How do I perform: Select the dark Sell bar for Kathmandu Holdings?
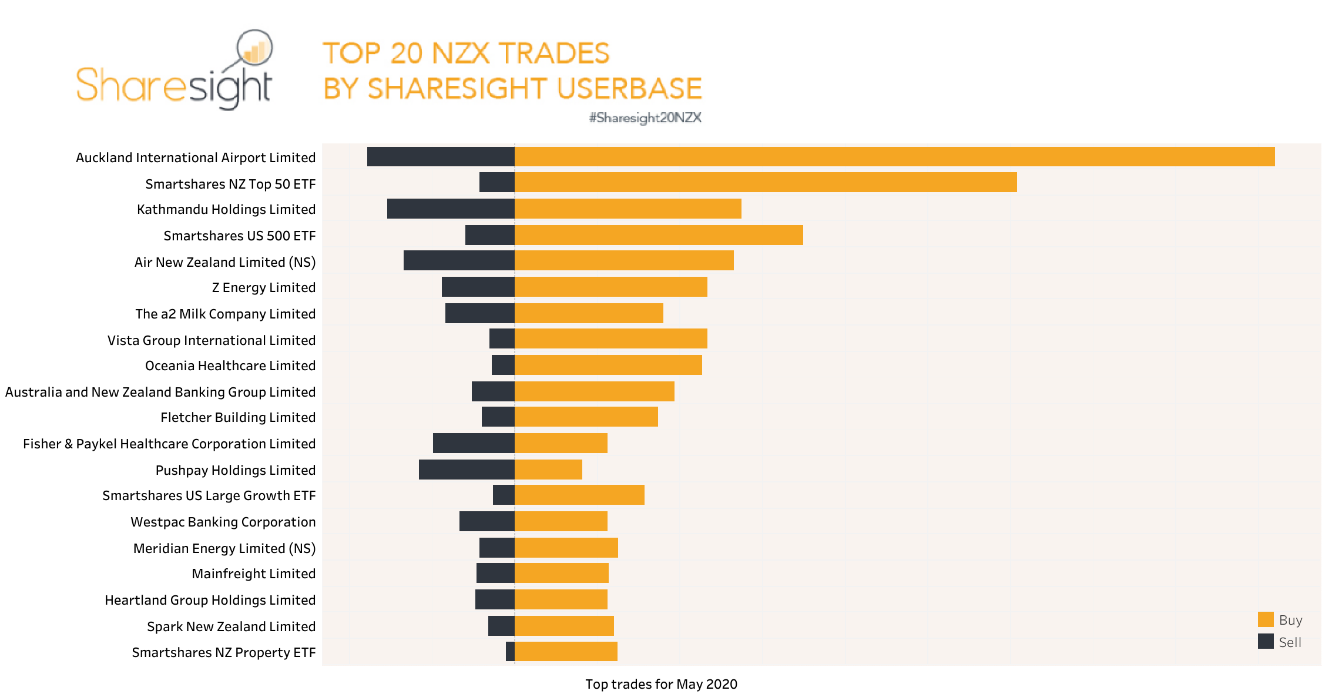click(x=451, y=209)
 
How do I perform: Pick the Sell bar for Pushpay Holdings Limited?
click(x=467, y=470)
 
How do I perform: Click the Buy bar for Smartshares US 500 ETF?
click(x=659, y=235)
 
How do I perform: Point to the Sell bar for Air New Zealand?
click(x=459, y=260)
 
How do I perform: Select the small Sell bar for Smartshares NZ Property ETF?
click(x=510, y=651)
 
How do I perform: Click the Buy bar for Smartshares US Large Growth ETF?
click(x=579, y=495)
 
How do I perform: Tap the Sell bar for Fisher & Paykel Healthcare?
click(x=474, y=443)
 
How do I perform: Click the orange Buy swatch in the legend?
click(x=1266, y=619)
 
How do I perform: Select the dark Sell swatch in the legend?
click(x=1266, y=641)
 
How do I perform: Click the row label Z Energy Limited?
click(x=263, y=287)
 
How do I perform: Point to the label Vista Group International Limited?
click(x=212, y=340)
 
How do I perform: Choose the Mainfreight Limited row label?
click(x=253, y=574)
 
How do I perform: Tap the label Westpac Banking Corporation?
click(x=223, y=522)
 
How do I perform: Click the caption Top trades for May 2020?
click(x=661, y=684)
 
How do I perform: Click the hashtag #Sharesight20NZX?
click(x=645, y=118)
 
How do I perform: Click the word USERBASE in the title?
click(x=629, y=89)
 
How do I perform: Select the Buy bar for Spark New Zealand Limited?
click(x=564, y=626)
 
